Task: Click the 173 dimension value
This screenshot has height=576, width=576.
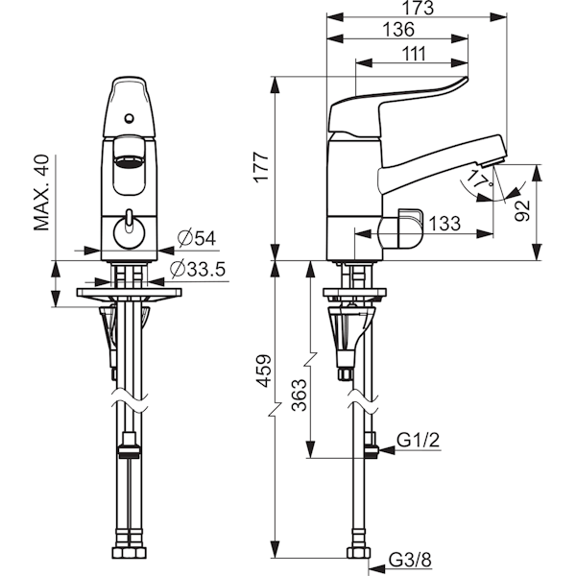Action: click(x=415, y=9)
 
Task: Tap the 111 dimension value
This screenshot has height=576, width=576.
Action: click(x=413, y=54)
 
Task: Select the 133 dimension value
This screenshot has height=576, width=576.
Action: click(x=443, y=223)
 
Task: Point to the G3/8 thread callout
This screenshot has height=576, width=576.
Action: click(x=409, y=559)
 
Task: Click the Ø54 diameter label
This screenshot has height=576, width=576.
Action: click(x=200, y=237)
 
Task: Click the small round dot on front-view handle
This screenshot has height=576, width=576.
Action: click(x=129, y=118)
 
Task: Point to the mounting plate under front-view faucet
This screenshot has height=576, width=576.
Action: click(x=129, y=292)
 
